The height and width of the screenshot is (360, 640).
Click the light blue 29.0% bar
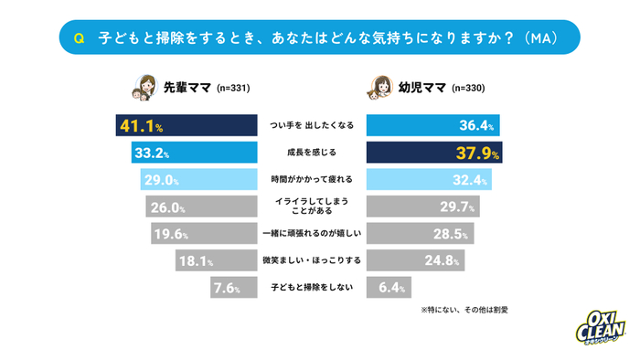[x=201, y=178]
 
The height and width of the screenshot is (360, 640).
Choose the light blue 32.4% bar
[x=431, y=178]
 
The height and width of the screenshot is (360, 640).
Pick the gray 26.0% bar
[x=205, y=206]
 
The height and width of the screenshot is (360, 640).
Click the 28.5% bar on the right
[x=420, y=234]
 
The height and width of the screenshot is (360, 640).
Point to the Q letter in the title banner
[x=79, y=38]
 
